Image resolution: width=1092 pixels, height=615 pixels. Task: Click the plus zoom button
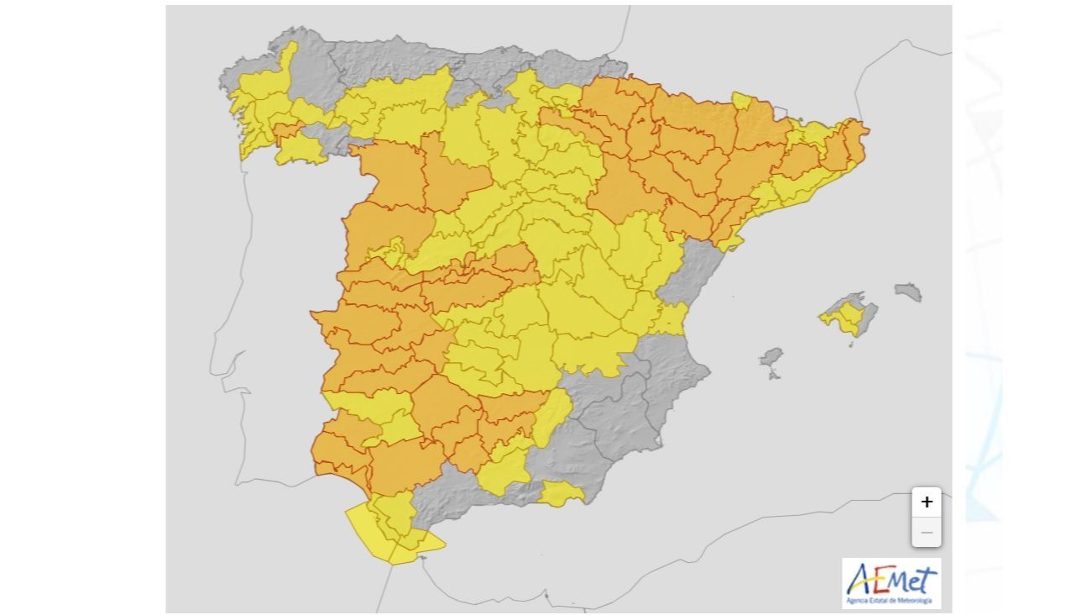[927, 502]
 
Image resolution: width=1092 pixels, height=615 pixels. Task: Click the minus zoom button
[927, 533]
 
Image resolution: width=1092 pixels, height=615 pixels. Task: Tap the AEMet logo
[891, 583]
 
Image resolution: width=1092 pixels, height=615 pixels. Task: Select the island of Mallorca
[846, 318]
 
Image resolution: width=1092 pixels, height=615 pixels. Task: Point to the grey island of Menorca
[908, 292]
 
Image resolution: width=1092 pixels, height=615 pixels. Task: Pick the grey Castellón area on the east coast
[692, 269]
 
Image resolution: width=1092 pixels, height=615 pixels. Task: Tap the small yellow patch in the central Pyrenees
[743, 102]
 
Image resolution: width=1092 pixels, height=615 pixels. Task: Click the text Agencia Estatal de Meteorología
[891, 601]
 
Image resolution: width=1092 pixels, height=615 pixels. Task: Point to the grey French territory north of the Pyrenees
[755, 50]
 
